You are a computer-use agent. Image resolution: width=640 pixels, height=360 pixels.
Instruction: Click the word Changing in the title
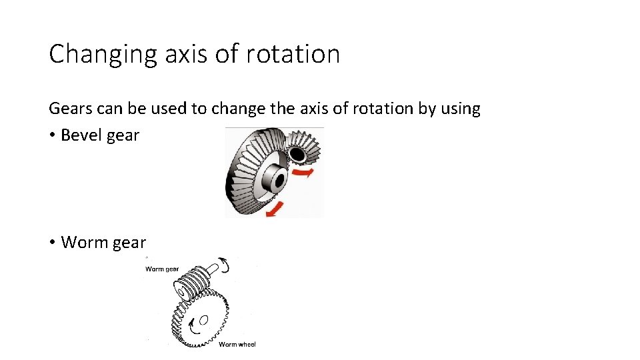click(93, 54)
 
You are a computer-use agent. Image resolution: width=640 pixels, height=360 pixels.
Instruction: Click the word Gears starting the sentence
click(68, 109)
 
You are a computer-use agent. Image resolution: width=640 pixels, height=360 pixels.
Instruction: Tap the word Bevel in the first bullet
click(81, 135)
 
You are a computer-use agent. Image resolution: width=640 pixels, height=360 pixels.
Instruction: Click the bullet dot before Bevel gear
click(52, 135)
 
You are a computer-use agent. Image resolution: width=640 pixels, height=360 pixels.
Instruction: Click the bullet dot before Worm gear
click(52, 243)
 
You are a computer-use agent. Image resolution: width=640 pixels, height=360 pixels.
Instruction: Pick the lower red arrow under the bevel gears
click(273, 209)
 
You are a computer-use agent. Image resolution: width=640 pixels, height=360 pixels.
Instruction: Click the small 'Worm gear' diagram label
click(162, 269)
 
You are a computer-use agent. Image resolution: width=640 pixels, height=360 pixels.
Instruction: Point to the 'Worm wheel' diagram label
click(237, 344)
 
